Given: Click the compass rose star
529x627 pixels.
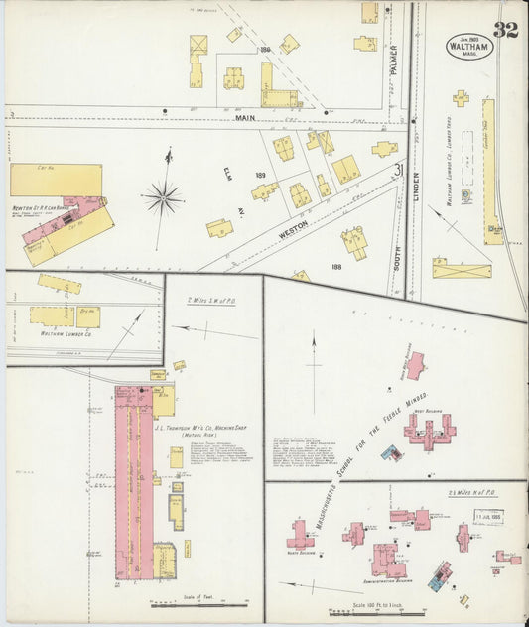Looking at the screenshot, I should coord(162,198).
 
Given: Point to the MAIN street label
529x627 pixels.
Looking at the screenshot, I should coord(245,118).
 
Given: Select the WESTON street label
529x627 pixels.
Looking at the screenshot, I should coord(293,227).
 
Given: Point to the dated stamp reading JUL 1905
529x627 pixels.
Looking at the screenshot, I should coord(488,515).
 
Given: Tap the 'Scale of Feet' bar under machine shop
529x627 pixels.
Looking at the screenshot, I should coord(199,598).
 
